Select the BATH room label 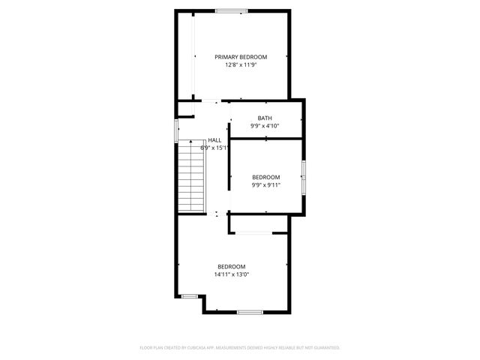265,118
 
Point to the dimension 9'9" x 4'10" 265,126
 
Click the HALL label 214,140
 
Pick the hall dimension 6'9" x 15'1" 214,148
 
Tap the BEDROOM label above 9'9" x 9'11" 265,177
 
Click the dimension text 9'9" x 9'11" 265,185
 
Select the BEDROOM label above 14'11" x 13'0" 232,266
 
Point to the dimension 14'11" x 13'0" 232,274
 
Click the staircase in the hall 191,177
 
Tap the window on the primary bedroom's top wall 231,10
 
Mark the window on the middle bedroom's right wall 304,177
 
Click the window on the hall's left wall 176,130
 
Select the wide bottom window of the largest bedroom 249,311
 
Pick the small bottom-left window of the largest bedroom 190,296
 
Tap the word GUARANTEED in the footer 325,348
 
